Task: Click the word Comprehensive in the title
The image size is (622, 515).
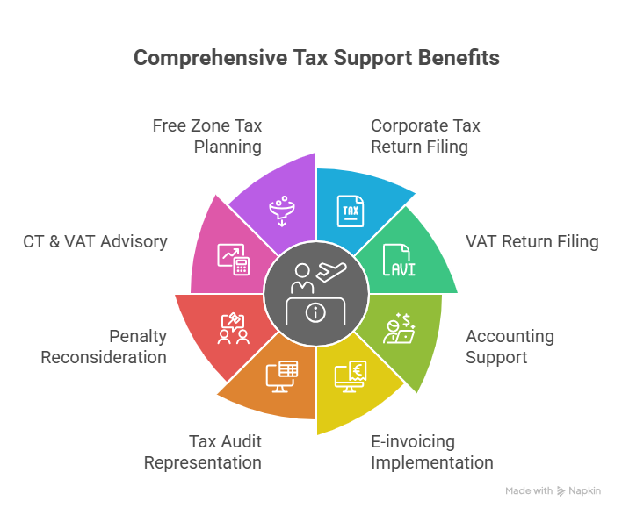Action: (x=210, y=58)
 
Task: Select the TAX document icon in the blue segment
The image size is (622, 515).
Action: (x=351, y=211)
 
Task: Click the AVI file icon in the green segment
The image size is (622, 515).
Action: (x=399, y=260)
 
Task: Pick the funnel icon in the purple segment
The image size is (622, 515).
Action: (x=282, y=211)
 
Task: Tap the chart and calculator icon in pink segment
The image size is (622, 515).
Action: (x=234, y=260)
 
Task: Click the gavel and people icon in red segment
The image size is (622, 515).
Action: (x=234, y=328)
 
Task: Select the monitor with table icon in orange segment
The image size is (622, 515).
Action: (x=282, y=376)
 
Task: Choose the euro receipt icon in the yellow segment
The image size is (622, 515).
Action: (x=351, y=376)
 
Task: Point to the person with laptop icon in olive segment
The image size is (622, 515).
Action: (x=399, y=328)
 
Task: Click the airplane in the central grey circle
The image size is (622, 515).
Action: (x=331, y=272)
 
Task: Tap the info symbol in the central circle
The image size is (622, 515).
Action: (x=315, y=313)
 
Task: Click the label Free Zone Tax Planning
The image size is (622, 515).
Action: (x=207, y=136)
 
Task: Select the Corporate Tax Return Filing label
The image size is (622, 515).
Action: (x=425, y=136)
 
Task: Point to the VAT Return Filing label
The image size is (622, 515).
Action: (x=532, y=241)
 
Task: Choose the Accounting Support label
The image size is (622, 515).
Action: (x=510, y=347)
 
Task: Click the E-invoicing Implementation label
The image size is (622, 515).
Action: (x=432, y=452)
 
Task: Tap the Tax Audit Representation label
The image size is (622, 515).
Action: (x=203, y=452)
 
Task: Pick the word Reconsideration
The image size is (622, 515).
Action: (x=104, y=357)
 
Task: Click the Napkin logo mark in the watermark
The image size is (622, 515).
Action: (x=561, y=491)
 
